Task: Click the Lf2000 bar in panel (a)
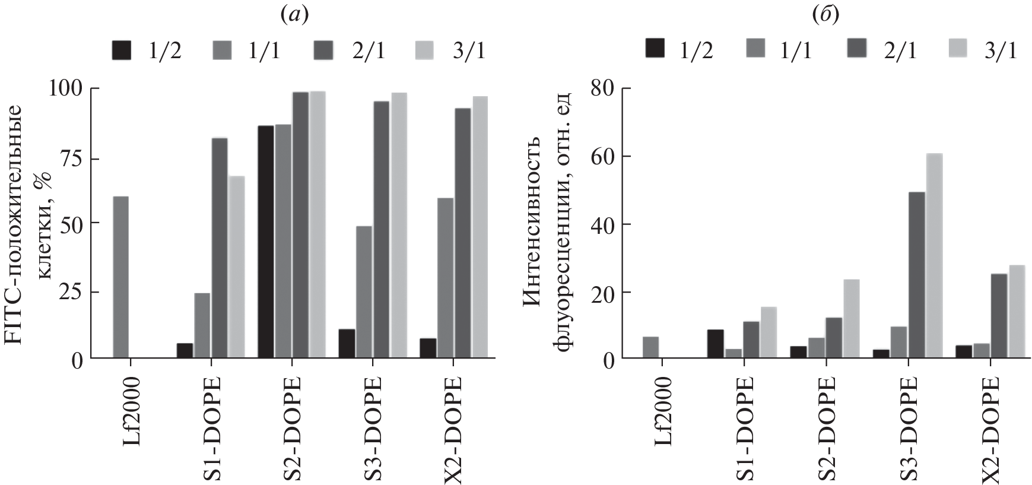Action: pos(120,278)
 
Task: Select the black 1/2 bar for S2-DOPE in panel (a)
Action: pos(266,242)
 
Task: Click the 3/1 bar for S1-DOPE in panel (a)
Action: pos(237,267)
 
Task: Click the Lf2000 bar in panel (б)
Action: pos(650,347)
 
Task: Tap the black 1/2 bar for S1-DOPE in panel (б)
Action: pos(715,344)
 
